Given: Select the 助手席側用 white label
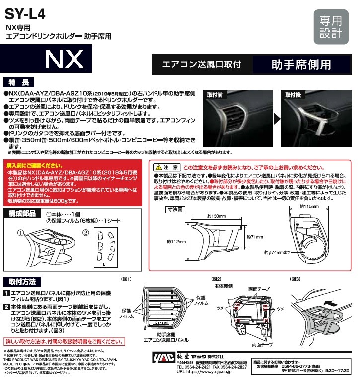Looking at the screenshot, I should point(301,65).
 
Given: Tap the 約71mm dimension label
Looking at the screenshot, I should point(254,237).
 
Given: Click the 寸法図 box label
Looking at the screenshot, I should point(170,209).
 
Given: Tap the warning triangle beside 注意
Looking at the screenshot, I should point(158,167).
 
